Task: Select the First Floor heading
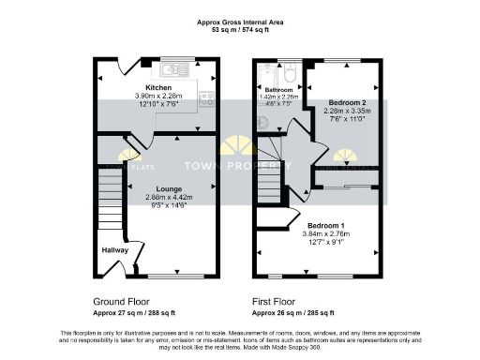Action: point(277,302)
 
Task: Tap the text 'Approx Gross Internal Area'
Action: point(239,22)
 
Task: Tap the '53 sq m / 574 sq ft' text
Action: point(239,30)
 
